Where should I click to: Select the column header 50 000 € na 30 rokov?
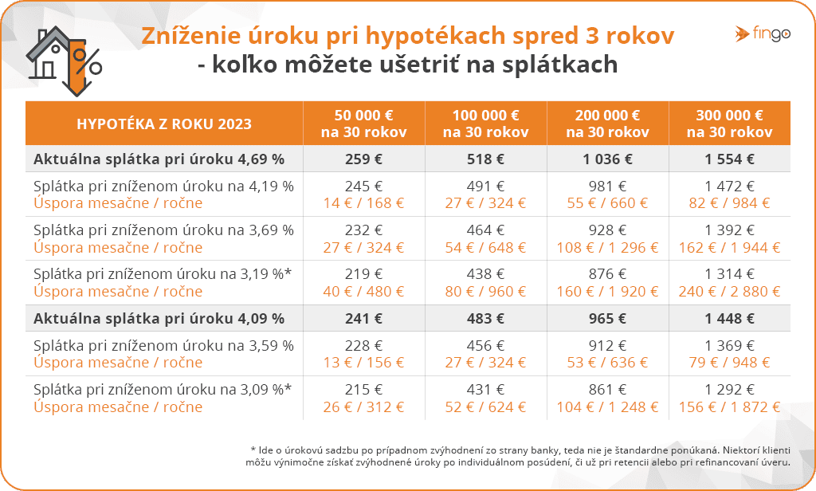pos(363,124)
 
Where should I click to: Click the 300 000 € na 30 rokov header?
pos(729,124)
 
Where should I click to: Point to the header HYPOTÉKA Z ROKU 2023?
pos(164,124)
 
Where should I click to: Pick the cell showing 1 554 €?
pos(729,159)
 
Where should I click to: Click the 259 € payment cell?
pos(363,159)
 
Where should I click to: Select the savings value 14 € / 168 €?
pos(363,202)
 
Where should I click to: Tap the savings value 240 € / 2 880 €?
pos(729,292)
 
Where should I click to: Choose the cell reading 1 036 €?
pos(607,159)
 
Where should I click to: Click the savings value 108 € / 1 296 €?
pos(607,247)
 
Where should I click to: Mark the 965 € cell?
pos(607,319)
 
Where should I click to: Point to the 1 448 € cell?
pos(729,319)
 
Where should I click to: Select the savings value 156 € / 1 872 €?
pos(729,407)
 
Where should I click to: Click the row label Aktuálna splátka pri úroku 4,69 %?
pos(159,159)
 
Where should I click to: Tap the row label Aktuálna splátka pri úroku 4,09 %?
pos(159,319)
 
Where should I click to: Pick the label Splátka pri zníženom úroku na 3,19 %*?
pos(163,274)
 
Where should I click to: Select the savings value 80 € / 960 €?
pos(485,292)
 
